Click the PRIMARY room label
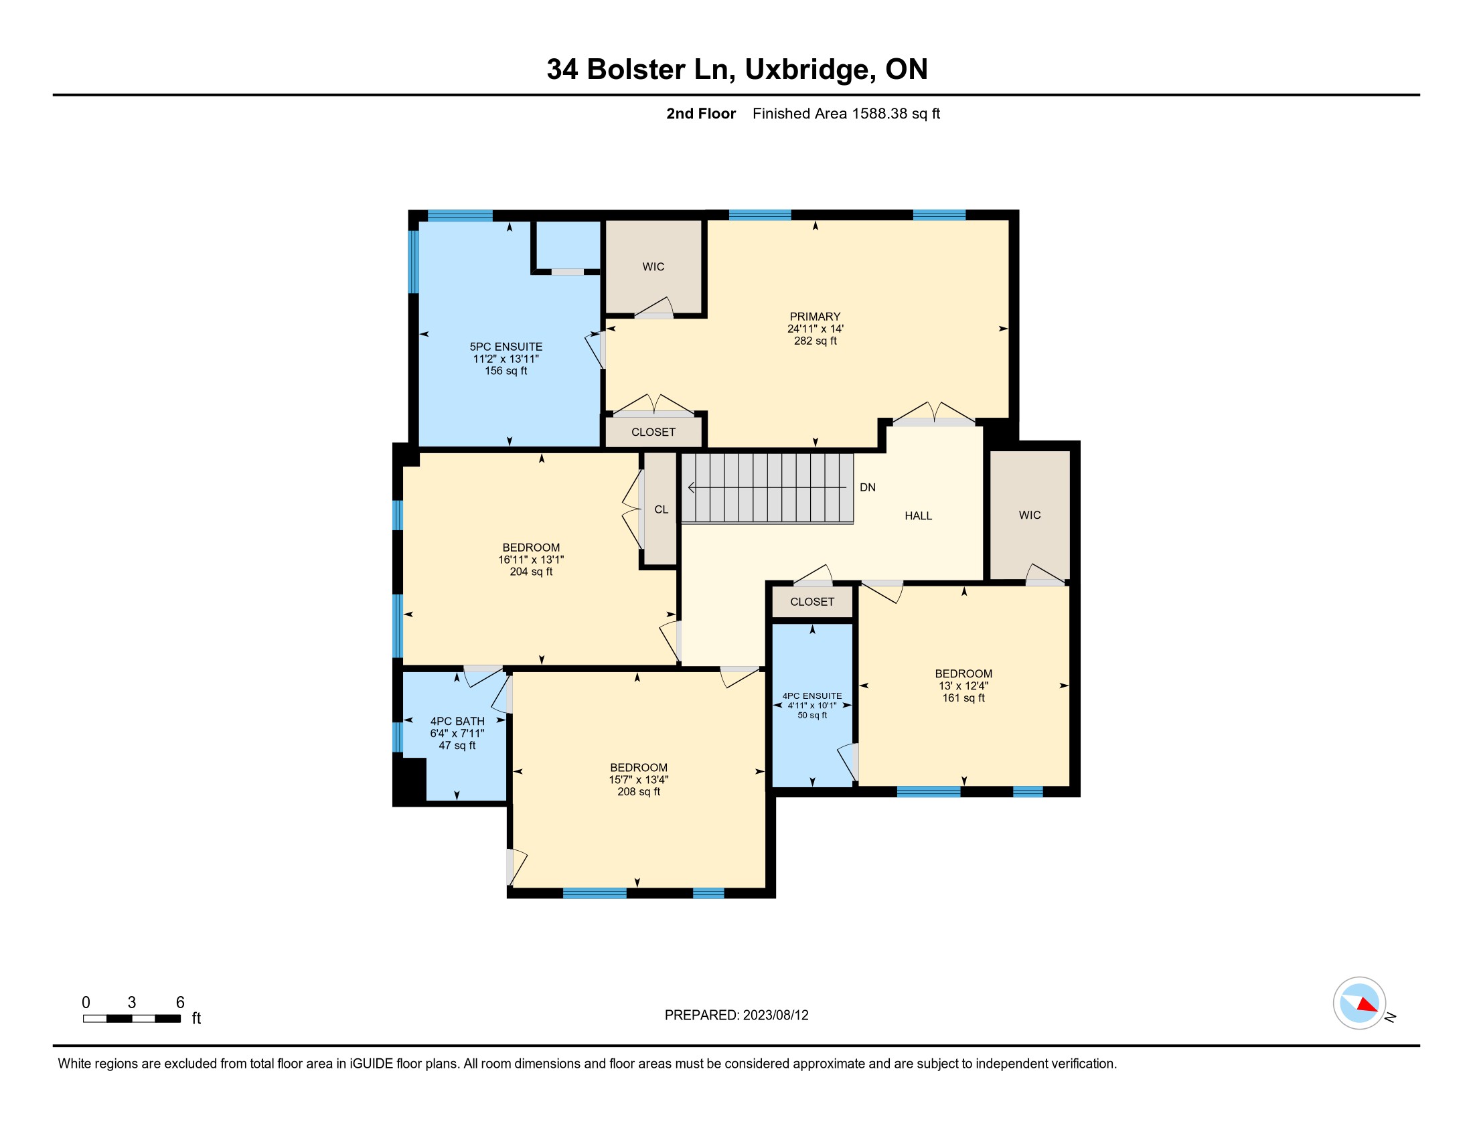click(815, 316)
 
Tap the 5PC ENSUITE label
click(506, 347)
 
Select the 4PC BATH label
click(457, 721)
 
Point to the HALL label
click(918, 515)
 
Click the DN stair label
click(867, 487)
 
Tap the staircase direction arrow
click(767, 487)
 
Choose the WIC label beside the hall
click(1029, 515)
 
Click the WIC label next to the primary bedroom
click(653, 267)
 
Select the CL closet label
click(661, 509)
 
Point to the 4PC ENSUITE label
click(812, 696)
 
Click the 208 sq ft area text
click(639, 791)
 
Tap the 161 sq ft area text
click(963, 698)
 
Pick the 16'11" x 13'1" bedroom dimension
click(531, 560)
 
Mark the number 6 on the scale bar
click(180, 1003)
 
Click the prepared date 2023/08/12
click(775, 1015)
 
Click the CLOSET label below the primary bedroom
click(653, 432)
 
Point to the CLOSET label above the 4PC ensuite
click(812, 602)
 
